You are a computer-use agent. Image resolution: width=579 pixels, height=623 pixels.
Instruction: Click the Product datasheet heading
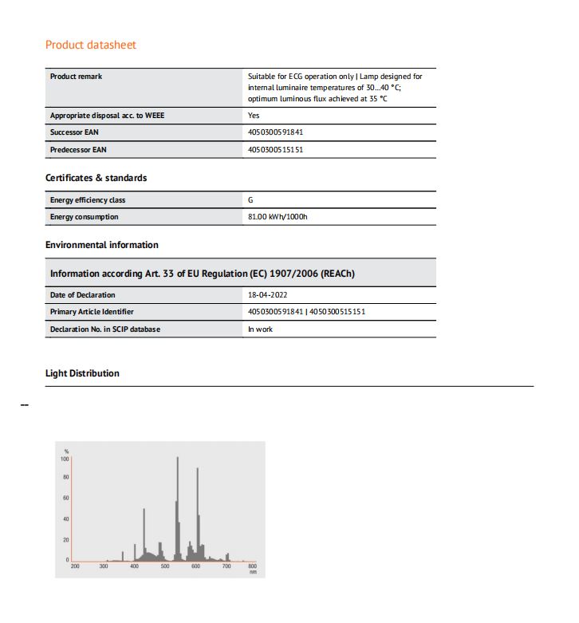tap(91, 45)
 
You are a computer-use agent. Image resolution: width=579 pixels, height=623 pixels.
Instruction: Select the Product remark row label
tap(76, 77)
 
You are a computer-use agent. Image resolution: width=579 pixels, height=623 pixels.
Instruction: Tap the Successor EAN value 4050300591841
tap(276, 132)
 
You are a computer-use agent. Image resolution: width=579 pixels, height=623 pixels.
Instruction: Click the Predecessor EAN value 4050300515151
tap(276, 149)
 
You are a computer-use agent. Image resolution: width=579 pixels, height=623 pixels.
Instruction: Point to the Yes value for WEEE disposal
tap(254, 116)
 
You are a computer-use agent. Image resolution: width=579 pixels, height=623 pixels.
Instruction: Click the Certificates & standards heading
tap(96, 178)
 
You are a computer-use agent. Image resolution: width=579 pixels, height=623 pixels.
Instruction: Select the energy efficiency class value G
tap(250, 200)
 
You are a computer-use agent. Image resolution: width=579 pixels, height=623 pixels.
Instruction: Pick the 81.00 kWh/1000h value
tap(278, 217)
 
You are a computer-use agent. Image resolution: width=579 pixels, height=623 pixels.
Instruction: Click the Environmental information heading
tap(101, 245)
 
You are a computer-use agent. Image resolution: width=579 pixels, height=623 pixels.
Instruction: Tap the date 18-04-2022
tap(268, 295)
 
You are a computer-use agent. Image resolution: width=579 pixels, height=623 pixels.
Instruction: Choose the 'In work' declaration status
tap(260, 329)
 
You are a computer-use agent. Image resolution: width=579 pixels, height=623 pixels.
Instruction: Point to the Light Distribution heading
tap(82, 373)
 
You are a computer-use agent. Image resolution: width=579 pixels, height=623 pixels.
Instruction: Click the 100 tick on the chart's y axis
tap(65, 459)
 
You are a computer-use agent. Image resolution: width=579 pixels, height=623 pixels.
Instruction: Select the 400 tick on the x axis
tap(135, 567)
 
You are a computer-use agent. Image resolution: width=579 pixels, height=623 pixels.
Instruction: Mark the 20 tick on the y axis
tap(66, 540)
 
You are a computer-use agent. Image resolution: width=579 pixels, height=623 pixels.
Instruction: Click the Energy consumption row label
tap(84, 217)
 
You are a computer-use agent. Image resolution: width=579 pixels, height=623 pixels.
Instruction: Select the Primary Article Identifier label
tap(92, 312)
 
